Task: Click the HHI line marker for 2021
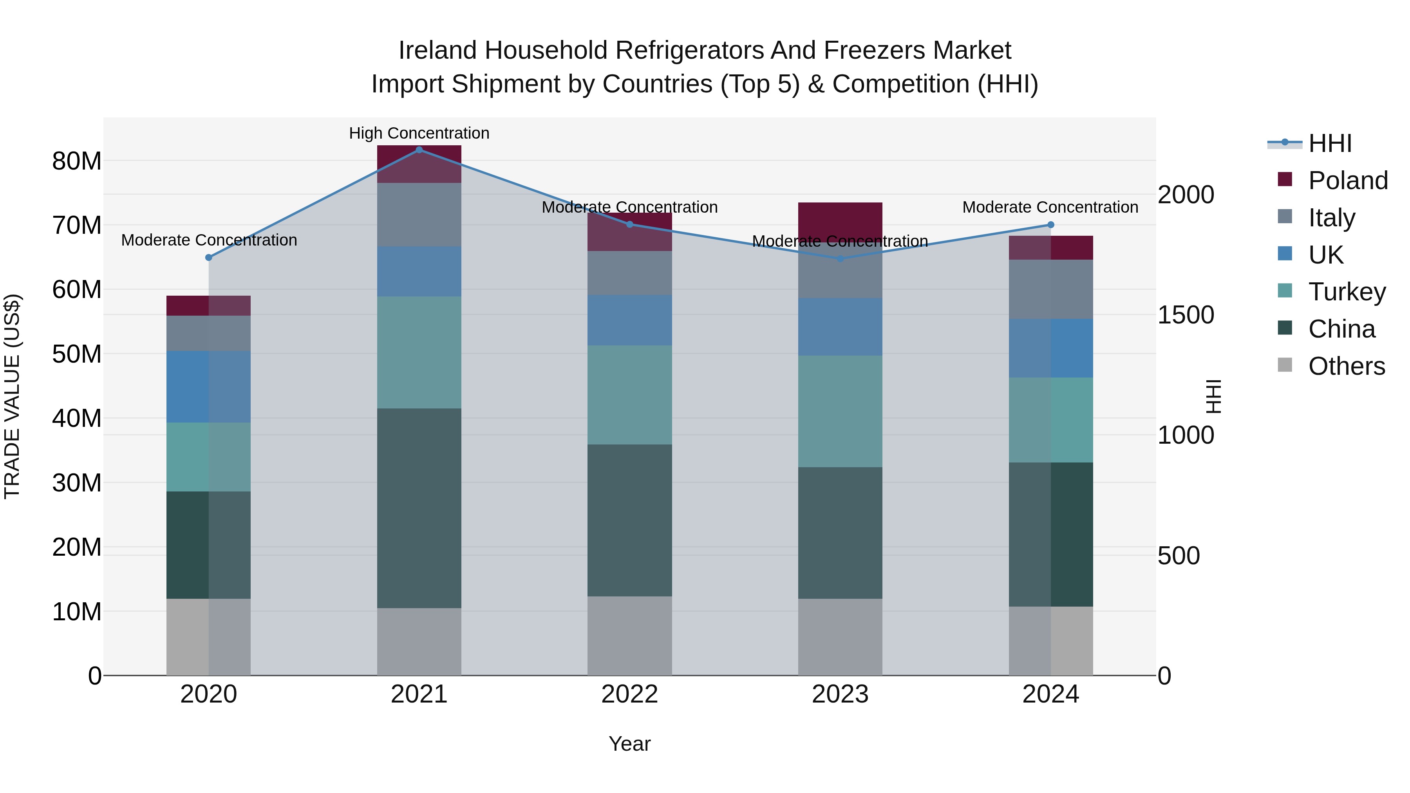point(419,150)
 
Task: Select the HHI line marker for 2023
point(840,259)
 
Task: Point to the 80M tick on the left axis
point(77,161)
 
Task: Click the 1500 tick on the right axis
point(1186,315)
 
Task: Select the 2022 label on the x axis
point(629,694)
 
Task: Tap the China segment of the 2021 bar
point(419,508)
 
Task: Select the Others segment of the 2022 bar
point(629,636)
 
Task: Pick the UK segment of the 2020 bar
point(208,387)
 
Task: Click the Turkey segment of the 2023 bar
point(840,411)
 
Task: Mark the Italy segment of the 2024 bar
point(1050,289)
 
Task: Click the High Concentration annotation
point(419,133)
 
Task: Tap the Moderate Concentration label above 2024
point(1050,208)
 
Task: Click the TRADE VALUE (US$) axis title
point(12,396)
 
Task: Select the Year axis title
point(629,744)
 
